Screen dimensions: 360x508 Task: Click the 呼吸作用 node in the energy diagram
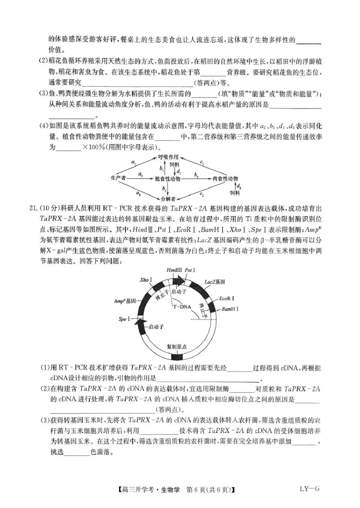coord(168,157)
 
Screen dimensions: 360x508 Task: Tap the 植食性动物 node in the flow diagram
coord(167,178)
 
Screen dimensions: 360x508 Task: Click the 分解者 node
coord(167,198)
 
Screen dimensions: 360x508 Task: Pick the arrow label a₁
coord(134,162)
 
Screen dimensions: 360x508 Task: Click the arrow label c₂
coord(202,194)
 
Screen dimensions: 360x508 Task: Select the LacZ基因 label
coord(215,281)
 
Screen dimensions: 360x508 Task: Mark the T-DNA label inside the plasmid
coord(182,307)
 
